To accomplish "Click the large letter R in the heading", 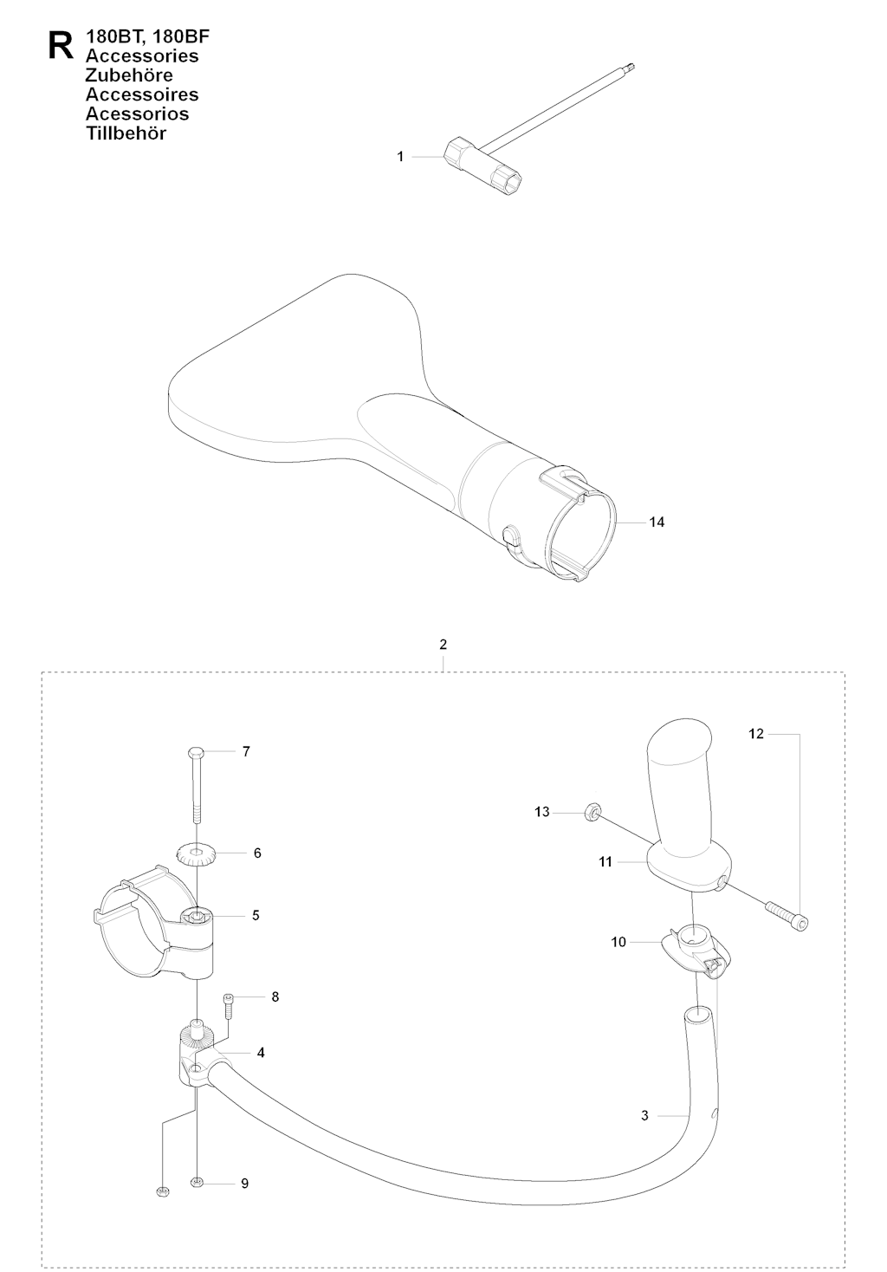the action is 62,45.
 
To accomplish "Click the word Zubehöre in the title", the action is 129,75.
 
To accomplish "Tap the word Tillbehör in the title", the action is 126,133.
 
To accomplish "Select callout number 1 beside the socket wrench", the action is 400,157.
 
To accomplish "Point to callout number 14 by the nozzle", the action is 657,522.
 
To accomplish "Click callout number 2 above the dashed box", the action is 443,645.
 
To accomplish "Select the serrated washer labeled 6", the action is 196,853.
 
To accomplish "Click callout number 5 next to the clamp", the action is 256,915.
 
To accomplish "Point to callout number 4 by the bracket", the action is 261,1053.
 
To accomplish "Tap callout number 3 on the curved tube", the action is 644,1116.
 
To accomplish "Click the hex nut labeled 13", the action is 590,812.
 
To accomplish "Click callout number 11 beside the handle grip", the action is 605,862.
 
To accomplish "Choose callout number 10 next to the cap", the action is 618,942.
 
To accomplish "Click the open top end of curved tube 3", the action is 697,1015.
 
